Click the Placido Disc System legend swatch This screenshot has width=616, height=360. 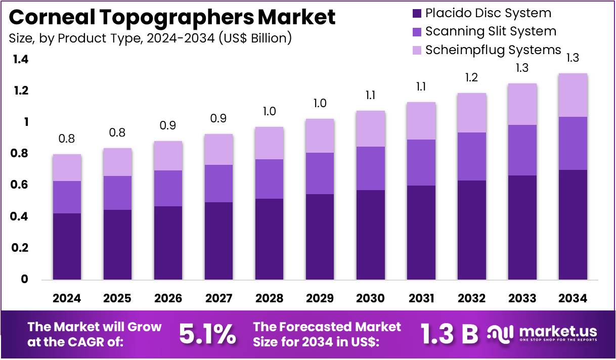tap(416, 14)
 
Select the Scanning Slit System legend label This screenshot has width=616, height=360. tap(490, 31)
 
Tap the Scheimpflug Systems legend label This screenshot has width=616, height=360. tap(493, 50)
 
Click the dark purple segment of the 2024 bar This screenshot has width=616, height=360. tap(67, 246)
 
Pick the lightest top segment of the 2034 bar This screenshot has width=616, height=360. tap(573, 95)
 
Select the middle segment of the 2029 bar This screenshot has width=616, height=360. tap(320, 173)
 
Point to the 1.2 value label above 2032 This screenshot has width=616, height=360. tap(471, 78)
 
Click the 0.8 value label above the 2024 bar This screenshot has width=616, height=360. tap(67, 139)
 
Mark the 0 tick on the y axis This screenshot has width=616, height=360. tap(24, 280)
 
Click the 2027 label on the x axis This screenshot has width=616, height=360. tap(218, 298)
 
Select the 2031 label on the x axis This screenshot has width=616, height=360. tap(421, 298)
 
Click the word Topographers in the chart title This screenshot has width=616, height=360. tap(167, 17)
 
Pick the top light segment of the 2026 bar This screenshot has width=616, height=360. tap(168, 156)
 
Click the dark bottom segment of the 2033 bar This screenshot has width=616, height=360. tap(522, 228)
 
